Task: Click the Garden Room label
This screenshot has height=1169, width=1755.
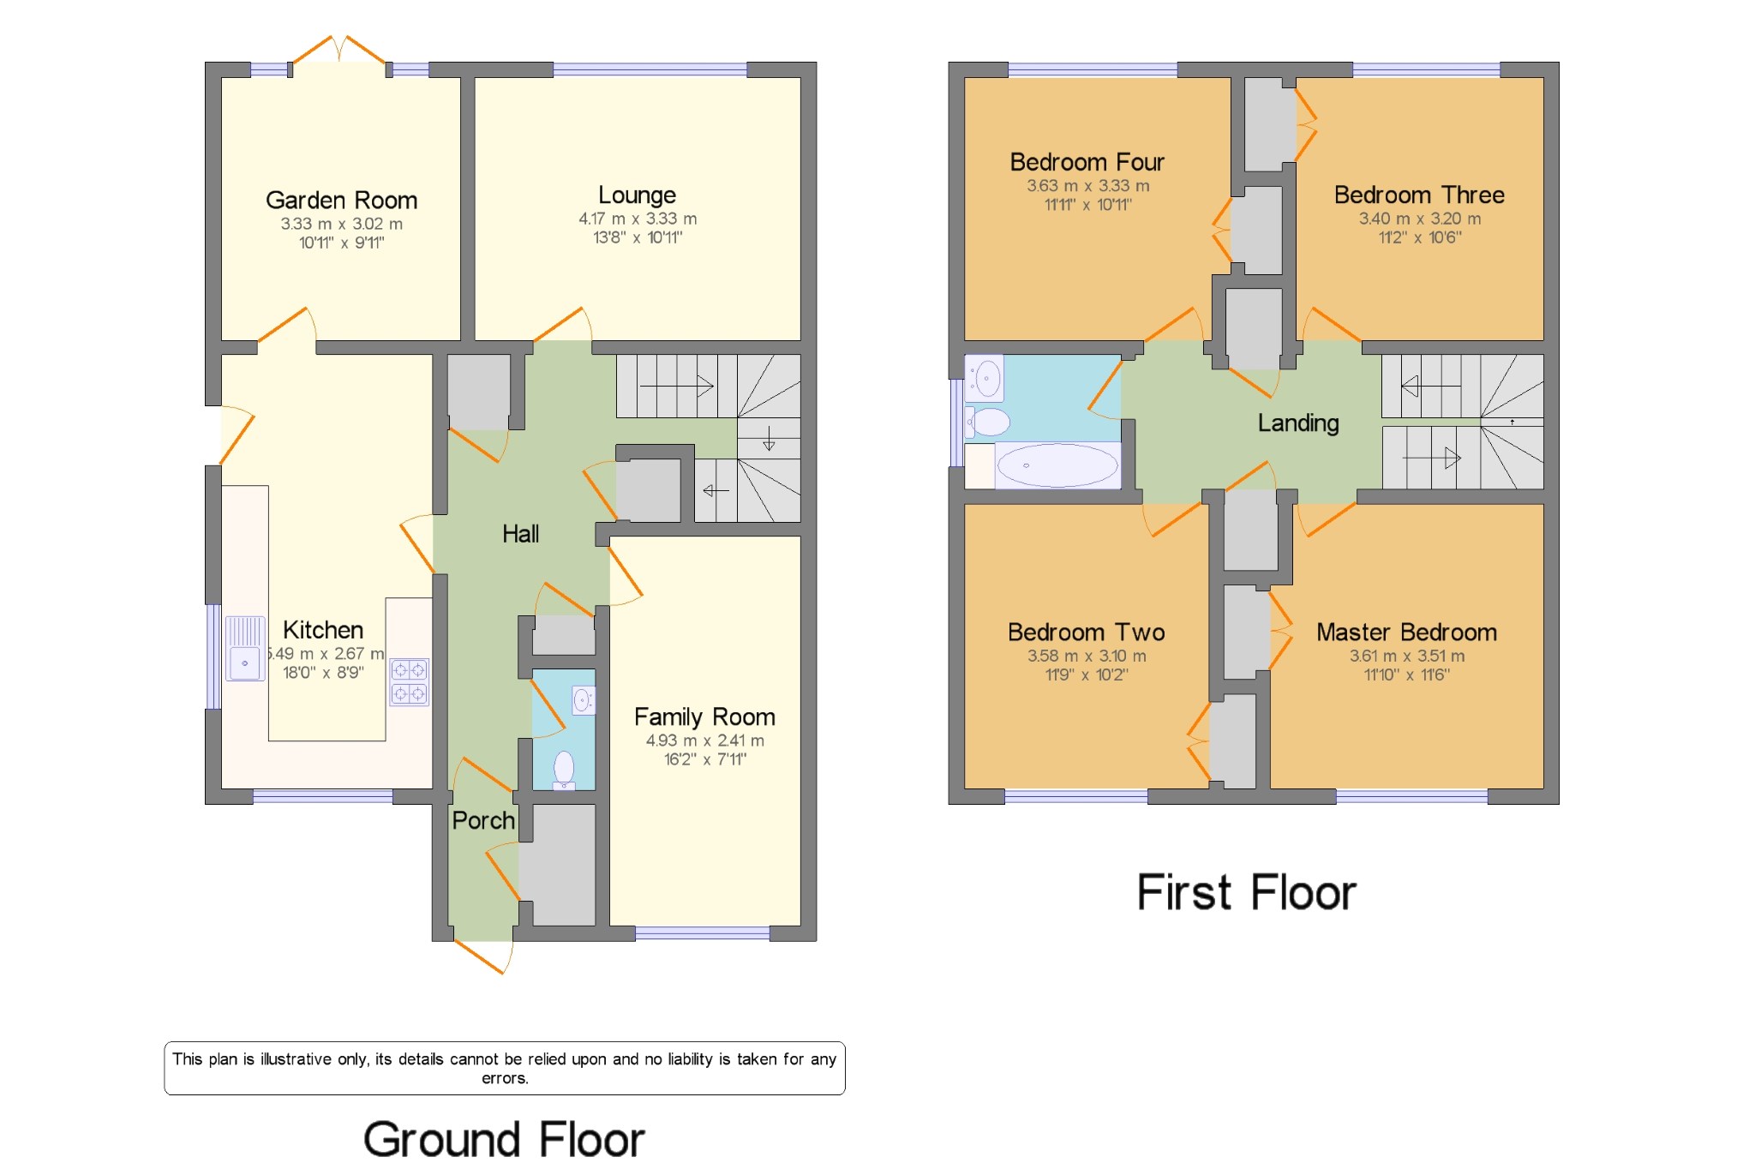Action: pyautogui.click(x=341, y=201)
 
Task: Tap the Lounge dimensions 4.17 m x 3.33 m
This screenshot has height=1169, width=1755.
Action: pyautogui.click(x=638, y=219)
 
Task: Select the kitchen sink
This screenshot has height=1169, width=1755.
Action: pyautogui.click(x=245, y=649)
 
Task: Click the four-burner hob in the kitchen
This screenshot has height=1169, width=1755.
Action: pyautogui.click(x=409, y=681)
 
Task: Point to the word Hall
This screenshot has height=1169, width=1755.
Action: pyautogui.click(x=520, y=534)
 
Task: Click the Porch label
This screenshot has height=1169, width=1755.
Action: pyautogui.click(x=483, y=820)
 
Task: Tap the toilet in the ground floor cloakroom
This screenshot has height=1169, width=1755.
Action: pyautogui.click(x=564, y=769)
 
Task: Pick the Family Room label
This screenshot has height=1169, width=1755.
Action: pyautogui.click(x=704, y=716)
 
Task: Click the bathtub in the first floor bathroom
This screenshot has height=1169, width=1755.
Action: pyautogui.click(x=1057, y=465)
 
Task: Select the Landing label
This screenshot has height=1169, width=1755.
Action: pyautogui.click(x=1298, y=423)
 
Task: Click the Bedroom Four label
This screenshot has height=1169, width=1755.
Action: pyautogui.click(x=1087, y=162)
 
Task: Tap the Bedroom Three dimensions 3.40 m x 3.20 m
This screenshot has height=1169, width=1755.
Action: pyautogui.click(x=1420, y=219)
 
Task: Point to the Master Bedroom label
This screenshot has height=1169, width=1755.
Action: pyautogui.click(x=1406, y=632)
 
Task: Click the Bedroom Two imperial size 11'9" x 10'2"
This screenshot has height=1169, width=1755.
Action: pyautogui.click(x=1087, y=674)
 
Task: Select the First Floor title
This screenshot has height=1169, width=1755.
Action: pyautogui.click(x=1246, y=892)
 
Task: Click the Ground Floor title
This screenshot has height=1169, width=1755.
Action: pyautogui.click(x=504, y=1140)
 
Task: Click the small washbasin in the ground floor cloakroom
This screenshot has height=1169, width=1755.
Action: pyautogui.click(x=583, y=700)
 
